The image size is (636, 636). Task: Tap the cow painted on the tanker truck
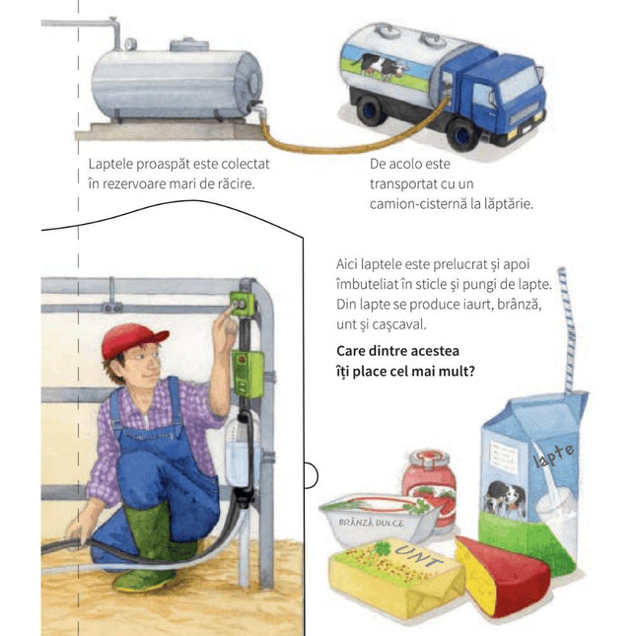(380, 66)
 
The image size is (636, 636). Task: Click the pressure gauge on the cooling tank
(130, 43)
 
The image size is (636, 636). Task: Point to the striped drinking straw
(567, 329)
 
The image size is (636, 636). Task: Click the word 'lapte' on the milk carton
(554, 455)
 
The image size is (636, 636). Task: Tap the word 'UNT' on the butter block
(419, 556)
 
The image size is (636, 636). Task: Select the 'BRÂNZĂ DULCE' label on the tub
(371, 523)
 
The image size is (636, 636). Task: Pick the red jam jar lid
(430, 459)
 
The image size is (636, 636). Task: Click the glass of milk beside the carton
(556, 527)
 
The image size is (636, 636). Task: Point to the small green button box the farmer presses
(243, 304)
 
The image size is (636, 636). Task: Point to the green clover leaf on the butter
(382, 549)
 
